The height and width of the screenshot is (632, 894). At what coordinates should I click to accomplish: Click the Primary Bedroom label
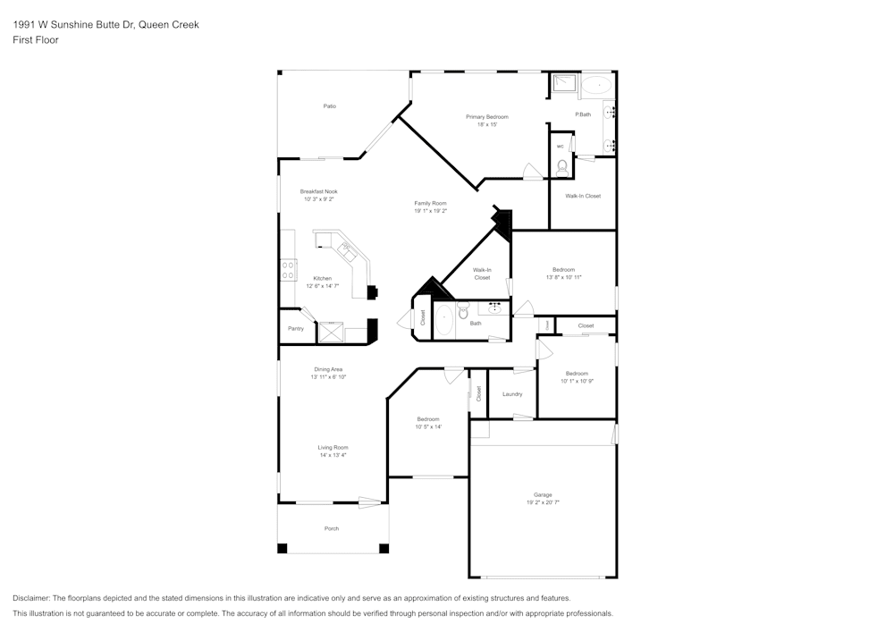coord(486,117)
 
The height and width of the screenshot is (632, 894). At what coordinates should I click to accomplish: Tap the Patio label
coord(330,106)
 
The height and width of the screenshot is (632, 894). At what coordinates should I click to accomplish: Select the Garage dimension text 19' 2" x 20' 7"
coord(543,503)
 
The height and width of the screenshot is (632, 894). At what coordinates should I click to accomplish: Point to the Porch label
coord(332,528)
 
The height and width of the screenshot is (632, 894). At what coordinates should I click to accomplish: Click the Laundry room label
coord(512,394)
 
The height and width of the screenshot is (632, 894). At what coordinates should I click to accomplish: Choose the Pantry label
coord(296,329)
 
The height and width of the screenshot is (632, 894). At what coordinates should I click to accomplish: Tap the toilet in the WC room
coord(562,166)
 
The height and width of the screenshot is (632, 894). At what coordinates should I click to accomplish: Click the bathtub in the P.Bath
coord(596,86)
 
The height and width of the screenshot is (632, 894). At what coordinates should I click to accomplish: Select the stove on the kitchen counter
coord(289,270)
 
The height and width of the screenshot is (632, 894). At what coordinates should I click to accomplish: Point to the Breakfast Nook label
coord(319,191)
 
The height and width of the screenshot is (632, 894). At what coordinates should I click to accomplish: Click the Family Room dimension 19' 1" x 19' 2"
coord(430,212)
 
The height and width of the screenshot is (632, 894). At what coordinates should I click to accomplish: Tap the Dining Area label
coord(328,369)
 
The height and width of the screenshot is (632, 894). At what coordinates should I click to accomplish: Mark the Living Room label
coord(333,447)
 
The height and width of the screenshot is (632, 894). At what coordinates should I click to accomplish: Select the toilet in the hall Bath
coord(464,311)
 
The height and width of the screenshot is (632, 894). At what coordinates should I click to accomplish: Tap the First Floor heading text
coord(36,40)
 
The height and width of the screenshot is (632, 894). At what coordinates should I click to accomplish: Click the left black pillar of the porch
coord(283,548)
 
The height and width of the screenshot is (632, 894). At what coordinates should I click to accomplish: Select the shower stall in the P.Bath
coord(562,85)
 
